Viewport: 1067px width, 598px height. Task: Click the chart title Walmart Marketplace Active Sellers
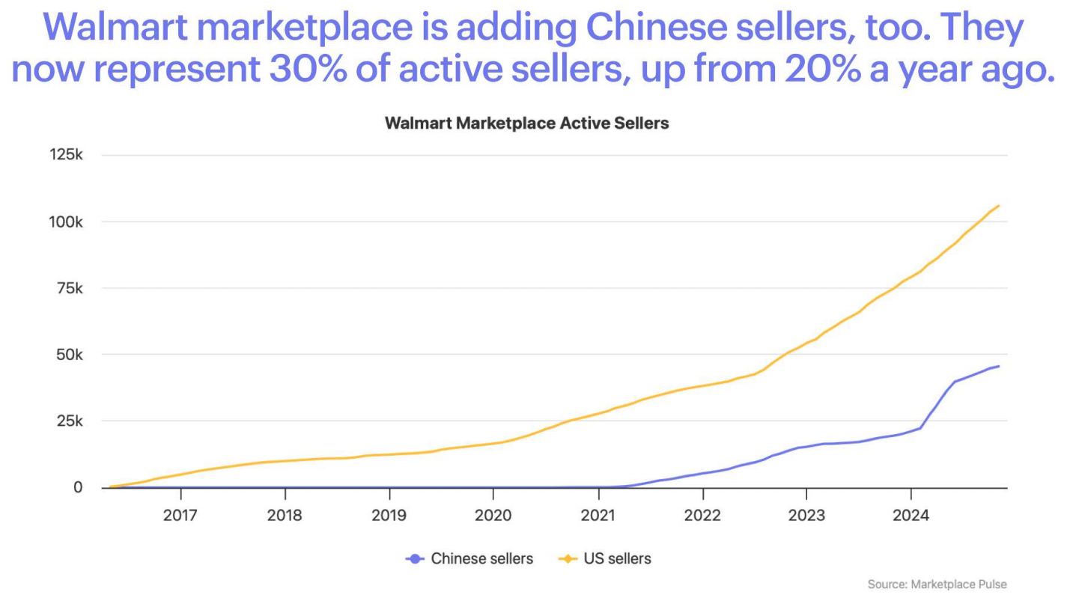click(526, 123)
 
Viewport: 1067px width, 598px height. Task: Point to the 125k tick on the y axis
click(67, 155)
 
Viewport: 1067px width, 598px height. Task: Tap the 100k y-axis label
click(67, 222)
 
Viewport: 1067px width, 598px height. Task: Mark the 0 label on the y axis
click(78, 487)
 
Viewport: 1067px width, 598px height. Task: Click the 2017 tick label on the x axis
click(180, 516)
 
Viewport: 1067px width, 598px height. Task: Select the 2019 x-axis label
click(389, 516)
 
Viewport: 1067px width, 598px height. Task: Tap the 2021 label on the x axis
click(598, 516)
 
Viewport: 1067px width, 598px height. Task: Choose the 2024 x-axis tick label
click(911, 516)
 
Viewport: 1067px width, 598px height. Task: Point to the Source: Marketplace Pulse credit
click(937, 584)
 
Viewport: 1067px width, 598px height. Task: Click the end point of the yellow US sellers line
click(998, 206)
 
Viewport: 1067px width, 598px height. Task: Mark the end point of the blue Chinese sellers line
click(998, 366)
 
